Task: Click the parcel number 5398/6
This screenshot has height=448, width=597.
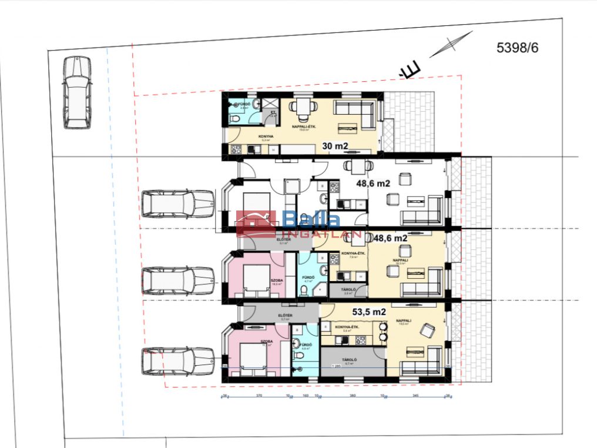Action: [517, 48]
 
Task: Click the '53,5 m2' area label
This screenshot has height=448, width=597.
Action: [369, 312]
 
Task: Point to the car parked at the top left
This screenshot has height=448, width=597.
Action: [77, 92]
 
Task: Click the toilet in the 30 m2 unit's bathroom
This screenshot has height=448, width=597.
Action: [234, 119]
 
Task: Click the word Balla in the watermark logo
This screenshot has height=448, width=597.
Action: [311, 220]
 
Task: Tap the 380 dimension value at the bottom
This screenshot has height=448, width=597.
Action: [353, 396]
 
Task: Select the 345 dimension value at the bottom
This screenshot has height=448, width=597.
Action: [415, 396]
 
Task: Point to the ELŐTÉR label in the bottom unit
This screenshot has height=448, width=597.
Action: [285, 315]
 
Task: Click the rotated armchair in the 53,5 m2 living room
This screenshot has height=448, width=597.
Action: [425, 332]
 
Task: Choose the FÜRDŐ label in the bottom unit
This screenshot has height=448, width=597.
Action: [305, 345]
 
